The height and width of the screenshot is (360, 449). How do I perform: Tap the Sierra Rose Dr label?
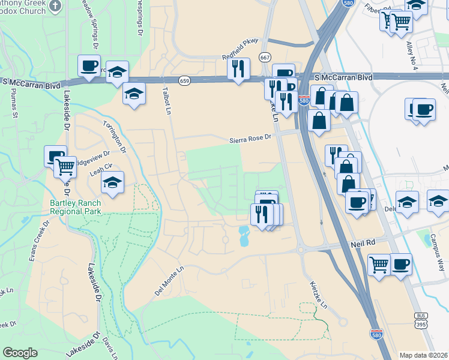[x=250, y=139]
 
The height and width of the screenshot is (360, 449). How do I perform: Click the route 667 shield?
[x=265, y=57]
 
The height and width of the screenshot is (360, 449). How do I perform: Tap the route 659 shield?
[x=184, y=80]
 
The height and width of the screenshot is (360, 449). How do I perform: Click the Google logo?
[x=20, y=353]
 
